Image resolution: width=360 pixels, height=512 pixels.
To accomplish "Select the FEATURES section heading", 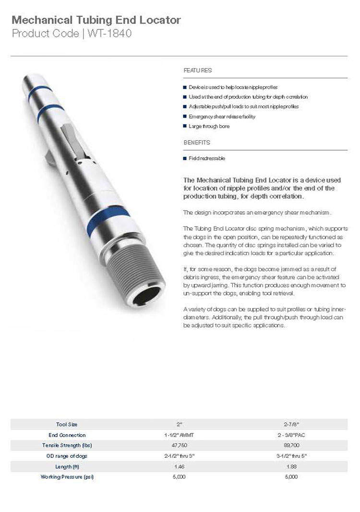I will (197, 71).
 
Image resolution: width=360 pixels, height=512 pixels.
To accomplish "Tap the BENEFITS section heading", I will (197, 143).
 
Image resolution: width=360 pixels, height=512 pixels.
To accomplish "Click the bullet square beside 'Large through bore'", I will (185, 126).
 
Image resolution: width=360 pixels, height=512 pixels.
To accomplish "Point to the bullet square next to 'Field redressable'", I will (185, 158).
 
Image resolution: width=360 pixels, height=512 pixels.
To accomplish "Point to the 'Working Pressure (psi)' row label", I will (67, 477).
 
